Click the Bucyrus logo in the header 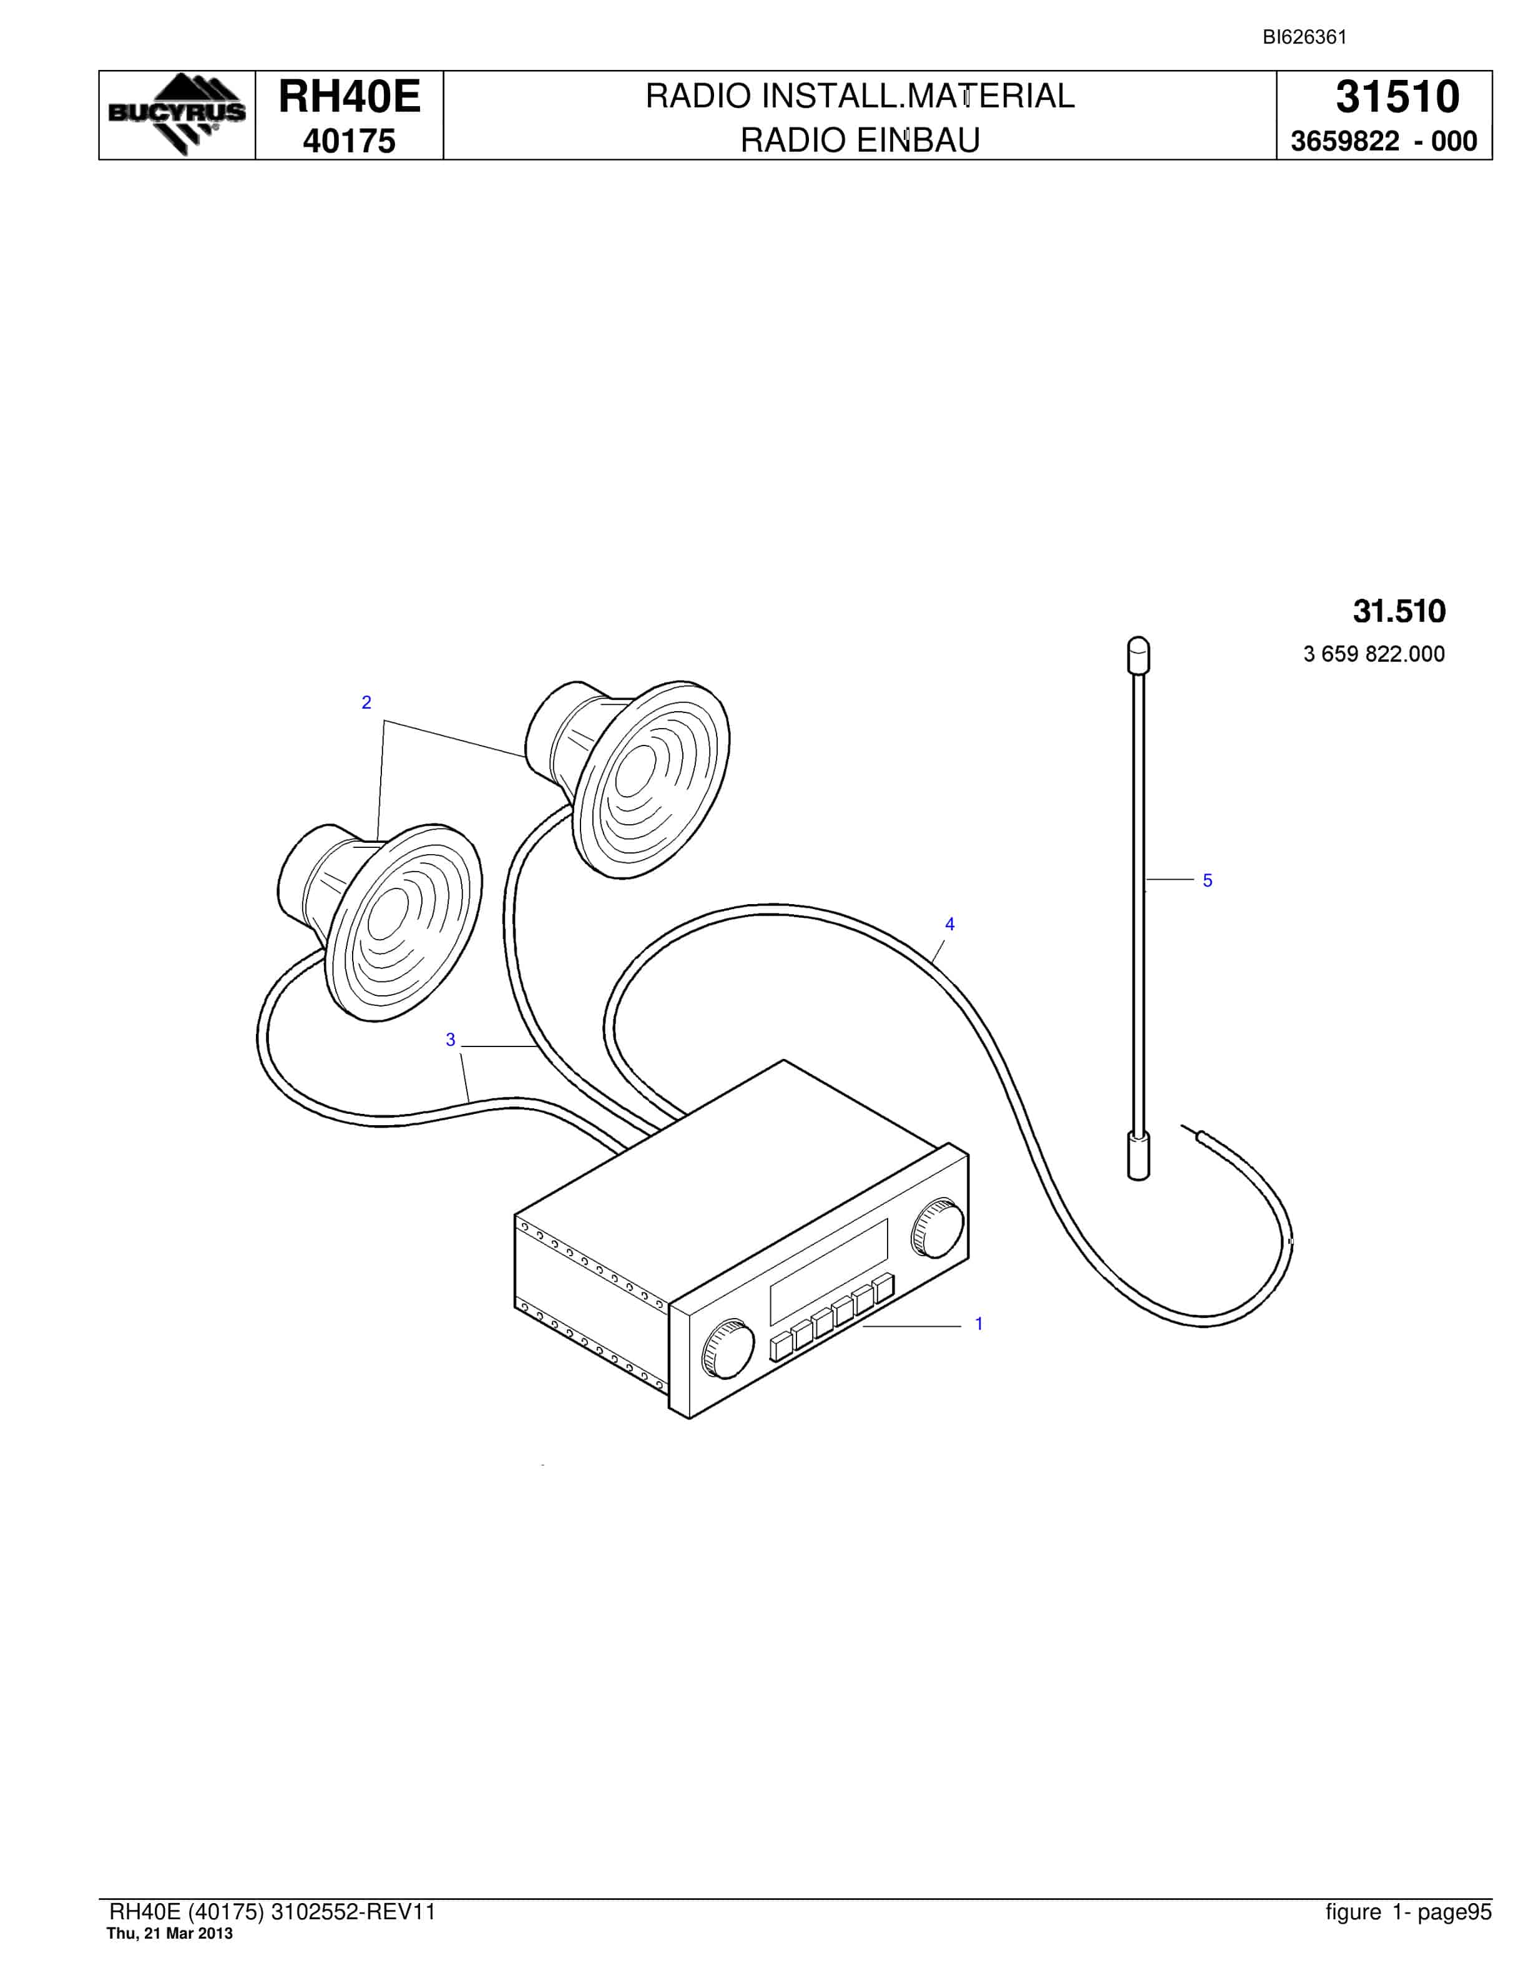point(177,114)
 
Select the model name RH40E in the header point(350,96)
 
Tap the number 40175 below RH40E point(350,141)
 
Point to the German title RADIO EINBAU point(860,140)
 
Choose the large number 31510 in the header point(1398,96)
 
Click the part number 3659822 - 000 point(1383,141)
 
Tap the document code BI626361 point(1305,37)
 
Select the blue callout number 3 point(450,1040)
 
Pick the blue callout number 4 point(949,924)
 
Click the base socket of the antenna point(1139,1156)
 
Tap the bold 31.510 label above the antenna point(1399,611)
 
